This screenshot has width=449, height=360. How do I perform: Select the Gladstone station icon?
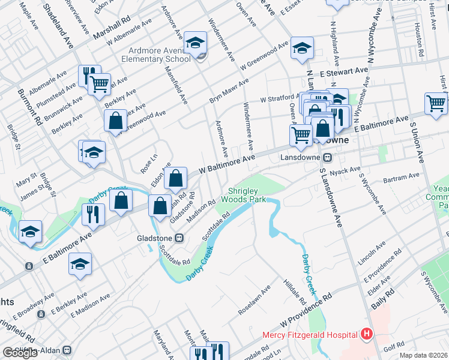pyautogui.click(x=178, y=238)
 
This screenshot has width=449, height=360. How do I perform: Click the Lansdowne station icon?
pyautogui.click(x=328, y=158)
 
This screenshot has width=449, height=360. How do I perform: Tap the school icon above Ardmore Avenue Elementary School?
pyautogui.click(x=195, y=43)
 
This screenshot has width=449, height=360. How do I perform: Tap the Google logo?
pyautogui.click(x=20, y=353)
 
